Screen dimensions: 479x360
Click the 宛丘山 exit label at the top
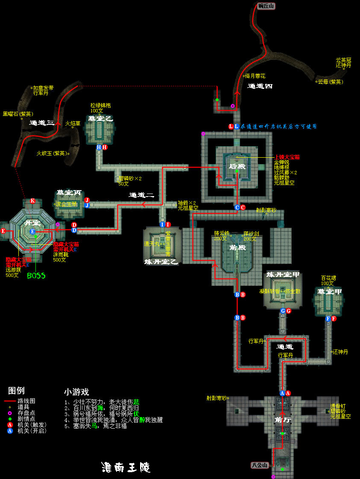(267, 6)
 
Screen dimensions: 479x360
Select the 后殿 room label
(237, 166)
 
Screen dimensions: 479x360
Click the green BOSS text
(36, 276)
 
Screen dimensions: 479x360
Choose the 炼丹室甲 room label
(283, 274)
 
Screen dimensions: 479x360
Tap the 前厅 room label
(283, 420)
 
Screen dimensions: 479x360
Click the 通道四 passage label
(260, 86)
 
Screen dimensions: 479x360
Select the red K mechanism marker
(32, 201)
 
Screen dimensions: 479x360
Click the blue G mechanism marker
(283, 311)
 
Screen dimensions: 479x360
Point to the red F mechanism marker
(334, 319)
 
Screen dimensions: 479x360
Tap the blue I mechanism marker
(162, 224)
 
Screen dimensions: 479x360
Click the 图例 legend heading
(17, 390)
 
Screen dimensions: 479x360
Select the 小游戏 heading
(76, 392)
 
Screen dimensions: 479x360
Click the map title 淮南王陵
(126, 467)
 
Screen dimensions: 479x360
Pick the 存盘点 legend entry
(26, 413)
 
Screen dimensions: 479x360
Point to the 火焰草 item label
(72, 123)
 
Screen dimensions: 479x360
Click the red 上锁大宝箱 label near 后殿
(287, 157)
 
